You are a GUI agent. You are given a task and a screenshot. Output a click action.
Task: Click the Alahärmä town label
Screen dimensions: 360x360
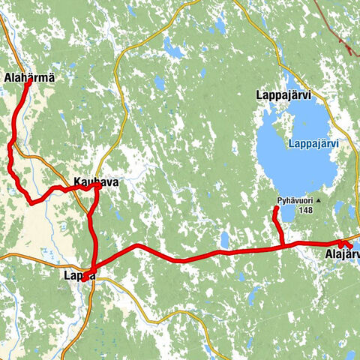click(29, 77)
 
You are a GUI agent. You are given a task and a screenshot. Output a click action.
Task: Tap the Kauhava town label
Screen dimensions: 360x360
click(95, 181)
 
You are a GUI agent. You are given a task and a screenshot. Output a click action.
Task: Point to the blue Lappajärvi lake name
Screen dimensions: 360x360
click(313, 143)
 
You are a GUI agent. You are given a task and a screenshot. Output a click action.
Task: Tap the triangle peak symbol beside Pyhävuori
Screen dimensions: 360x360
click(318, 201)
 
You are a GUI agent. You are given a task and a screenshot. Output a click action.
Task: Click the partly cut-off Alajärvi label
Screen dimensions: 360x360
click(342, 256)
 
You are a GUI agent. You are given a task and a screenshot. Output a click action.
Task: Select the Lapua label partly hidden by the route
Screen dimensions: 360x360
click(79, 276)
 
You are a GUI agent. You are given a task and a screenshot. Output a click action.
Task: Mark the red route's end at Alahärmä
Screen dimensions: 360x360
click(28, 82)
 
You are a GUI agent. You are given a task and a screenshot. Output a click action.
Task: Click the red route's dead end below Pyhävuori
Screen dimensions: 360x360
click(275, 209)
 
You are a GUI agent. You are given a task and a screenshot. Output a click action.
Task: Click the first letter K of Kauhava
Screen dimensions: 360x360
click(77, 181)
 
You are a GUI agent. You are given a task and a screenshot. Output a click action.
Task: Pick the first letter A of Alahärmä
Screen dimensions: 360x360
click(7, 77)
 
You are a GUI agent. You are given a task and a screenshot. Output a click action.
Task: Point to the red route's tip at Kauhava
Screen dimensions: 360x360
click(98, 187)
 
